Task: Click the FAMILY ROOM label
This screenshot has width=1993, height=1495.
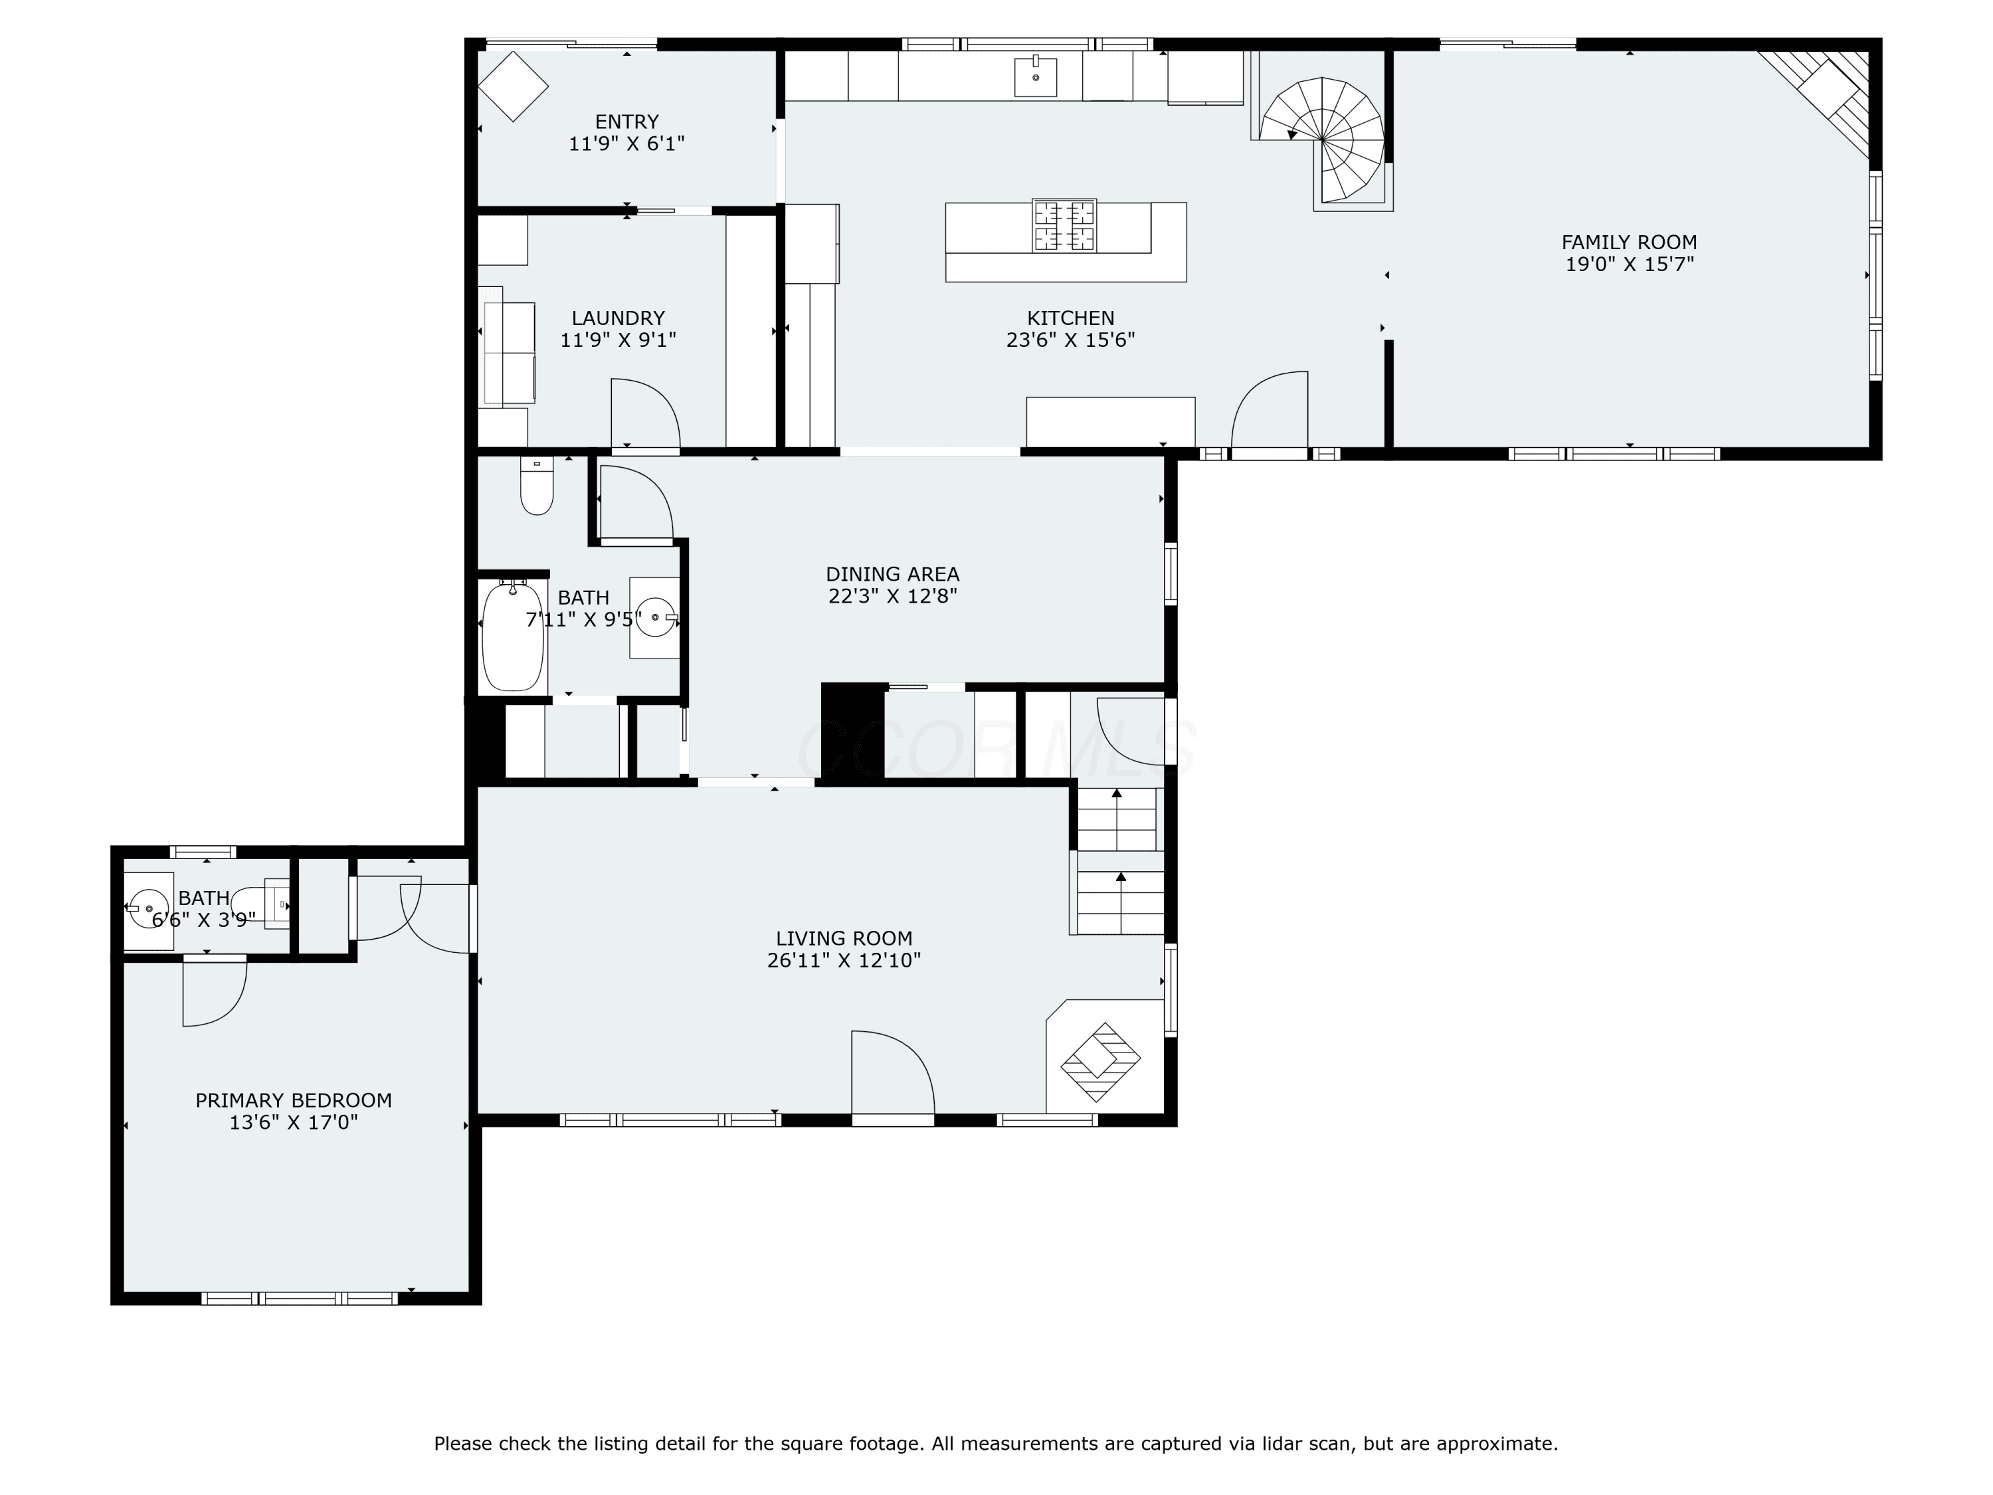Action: [1629, 243]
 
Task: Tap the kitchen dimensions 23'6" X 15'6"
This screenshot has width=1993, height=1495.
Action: [1070, 340]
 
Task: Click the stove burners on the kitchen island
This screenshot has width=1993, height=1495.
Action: [1064, 225]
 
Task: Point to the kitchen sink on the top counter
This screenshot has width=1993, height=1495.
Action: [1036, 76]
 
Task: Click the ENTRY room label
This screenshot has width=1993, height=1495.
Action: [627, 122]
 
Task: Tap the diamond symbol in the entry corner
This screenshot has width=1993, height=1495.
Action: [513, 86]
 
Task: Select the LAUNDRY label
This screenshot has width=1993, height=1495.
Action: [618, 318]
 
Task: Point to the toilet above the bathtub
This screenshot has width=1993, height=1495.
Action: [537, 486]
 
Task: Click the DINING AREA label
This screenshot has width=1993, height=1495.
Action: [893, 574]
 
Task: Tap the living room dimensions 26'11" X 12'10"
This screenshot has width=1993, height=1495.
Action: [844, 961]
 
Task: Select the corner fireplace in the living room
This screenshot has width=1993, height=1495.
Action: [1101, 1062]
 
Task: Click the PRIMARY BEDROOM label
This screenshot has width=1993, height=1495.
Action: [294, 1100]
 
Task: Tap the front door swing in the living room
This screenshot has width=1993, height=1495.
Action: [893, 1072]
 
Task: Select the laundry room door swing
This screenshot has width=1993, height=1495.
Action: [645, 413]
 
